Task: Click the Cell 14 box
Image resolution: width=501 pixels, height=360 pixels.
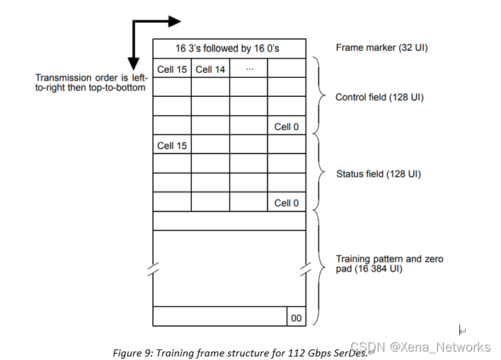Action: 210,69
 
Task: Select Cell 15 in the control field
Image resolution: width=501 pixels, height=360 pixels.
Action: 172,69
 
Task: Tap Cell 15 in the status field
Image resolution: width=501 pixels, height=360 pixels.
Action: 172,145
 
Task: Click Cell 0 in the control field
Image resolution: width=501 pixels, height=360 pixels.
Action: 287,127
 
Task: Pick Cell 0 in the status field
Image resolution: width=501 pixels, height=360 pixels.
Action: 287,203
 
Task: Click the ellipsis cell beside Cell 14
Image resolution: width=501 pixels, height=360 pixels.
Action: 248,69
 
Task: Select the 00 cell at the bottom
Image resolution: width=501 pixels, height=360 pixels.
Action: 296,318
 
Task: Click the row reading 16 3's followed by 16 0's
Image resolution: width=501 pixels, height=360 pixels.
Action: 229,49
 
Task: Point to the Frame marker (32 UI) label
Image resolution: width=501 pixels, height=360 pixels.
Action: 381,48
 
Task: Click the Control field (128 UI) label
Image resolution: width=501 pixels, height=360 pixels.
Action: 379,97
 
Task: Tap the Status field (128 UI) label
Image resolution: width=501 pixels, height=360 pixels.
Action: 377,173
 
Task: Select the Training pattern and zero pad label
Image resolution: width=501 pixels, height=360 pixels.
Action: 389,264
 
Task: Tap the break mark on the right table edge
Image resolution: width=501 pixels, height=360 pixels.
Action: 306,269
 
